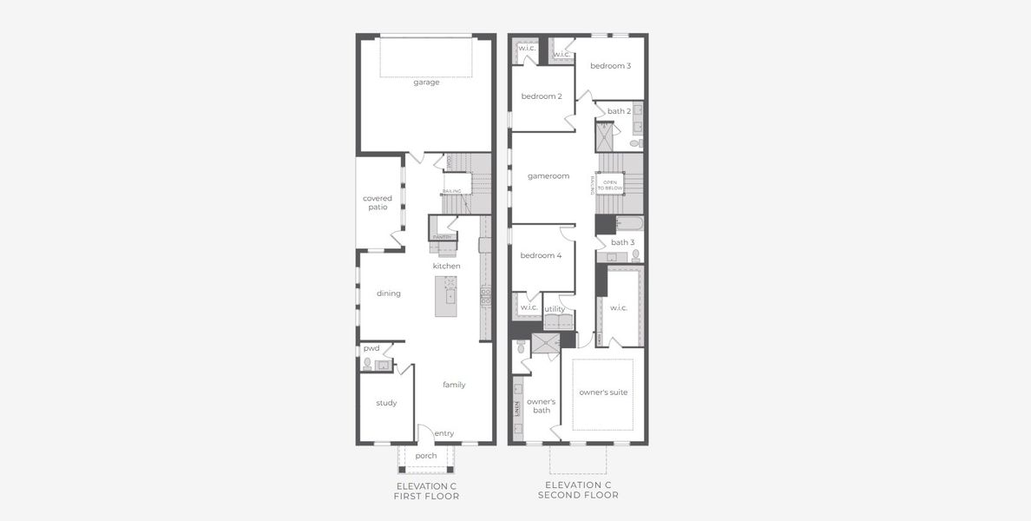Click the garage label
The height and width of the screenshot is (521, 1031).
[426, 82]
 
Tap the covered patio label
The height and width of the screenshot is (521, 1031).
[377, 202]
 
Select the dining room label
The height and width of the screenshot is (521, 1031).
[389, 293]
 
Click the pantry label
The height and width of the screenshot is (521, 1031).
[442, 236]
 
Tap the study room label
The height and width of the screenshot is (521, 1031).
[386, 403]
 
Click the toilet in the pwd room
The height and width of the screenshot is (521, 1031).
[368, 364]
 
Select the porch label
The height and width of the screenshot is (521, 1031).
[426, 456]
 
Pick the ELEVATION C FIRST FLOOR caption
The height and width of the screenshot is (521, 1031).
[426, 491]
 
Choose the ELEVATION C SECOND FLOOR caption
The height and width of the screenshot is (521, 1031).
[578, 490]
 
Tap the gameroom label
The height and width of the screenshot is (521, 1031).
[548, 176]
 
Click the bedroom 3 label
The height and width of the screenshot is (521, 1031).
[610, 66]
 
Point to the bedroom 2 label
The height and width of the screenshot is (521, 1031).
[542, 96]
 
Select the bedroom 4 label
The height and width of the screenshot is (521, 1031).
[541, 256]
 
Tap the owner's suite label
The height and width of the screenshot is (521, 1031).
[603, 392]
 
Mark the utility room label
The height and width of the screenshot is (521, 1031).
[555, 309]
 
